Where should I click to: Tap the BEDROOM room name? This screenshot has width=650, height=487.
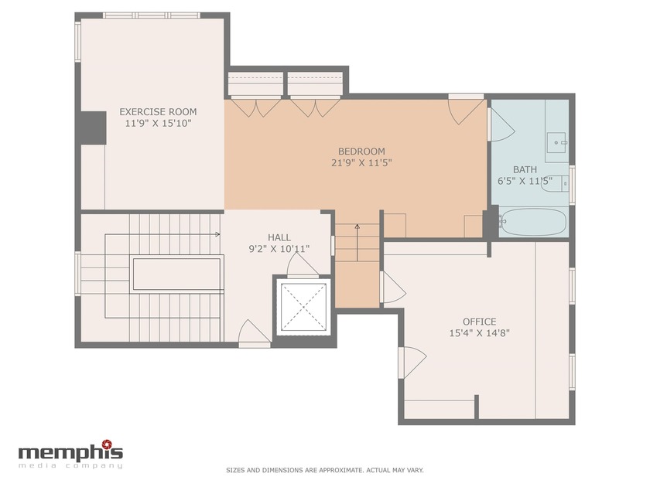(361, 151)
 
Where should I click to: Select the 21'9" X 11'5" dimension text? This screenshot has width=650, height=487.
(361, 162)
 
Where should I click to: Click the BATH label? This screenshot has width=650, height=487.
(525, 169)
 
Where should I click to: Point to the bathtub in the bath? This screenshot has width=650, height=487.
(533, 222)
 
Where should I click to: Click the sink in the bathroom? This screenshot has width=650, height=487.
(557, 142)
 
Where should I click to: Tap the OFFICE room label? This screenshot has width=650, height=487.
(479, 322)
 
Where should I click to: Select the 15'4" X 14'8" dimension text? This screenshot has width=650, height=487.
(479, 333)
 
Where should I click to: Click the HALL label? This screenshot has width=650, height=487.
(279, 237)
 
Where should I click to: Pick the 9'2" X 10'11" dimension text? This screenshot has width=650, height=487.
(279, 249)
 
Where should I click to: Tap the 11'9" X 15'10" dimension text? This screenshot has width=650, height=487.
(158, 123)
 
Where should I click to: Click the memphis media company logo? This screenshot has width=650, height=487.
(70, 455)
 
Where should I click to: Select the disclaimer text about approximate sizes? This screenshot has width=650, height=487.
(324, 470)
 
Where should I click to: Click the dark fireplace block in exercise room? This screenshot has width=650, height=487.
(92, 128)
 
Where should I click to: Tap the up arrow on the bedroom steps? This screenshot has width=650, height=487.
(357, 226)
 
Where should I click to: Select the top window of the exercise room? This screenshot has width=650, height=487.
(152, 15)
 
